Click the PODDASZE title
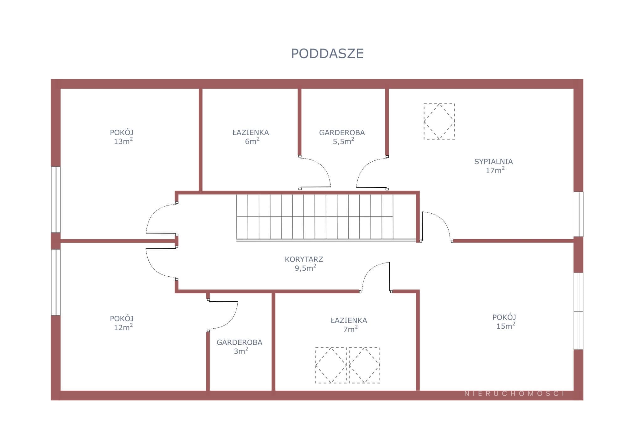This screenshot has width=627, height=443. pos(327,54)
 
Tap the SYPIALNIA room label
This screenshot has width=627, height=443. pos(493,162)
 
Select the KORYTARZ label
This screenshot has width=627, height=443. pos(304,259)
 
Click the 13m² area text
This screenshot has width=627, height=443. pos(123,141)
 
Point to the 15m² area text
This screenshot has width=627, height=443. pos(506,326)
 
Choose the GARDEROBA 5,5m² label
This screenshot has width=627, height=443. pos(342,137)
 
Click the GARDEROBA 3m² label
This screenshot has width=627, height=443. pos(240,347)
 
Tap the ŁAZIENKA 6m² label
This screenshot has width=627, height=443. pos(251,137)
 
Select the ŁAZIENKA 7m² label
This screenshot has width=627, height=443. pos(349,325)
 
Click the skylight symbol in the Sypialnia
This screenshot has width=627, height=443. pos(439,122)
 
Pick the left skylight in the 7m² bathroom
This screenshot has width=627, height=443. pos(331,365)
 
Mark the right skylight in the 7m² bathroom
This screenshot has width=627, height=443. pos(364,365)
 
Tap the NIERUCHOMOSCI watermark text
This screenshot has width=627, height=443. pos(514,394)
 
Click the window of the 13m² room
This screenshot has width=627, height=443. pos(56,200)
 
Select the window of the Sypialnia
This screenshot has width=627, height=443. pos(578,214)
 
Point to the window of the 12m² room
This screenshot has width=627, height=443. pos(56,282)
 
